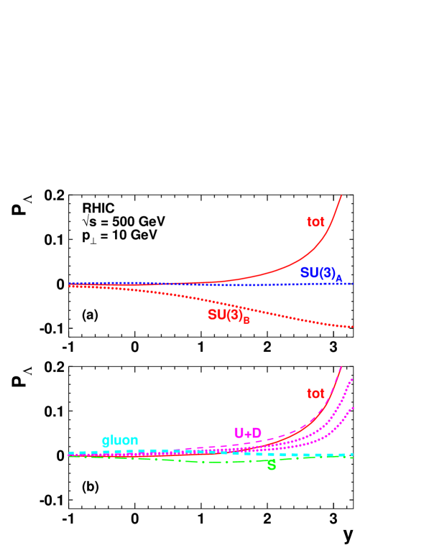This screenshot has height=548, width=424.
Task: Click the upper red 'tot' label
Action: coord(315,222)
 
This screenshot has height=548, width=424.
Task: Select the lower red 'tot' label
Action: coord(315,394)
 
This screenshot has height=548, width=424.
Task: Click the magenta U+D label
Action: coord(247,433)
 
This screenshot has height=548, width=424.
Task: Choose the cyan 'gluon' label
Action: coord(120,440)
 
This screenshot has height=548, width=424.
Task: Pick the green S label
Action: coord(271,465)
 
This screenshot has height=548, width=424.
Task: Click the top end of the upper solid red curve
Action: coord(341,195)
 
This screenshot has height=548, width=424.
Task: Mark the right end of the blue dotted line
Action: coord(351,284)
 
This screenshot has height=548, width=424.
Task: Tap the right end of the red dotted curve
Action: coord(352,327)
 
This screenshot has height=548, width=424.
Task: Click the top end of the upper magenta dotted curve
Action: coord(351,379)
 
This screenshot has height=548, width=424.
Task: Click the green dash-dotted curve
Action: coord(180,460)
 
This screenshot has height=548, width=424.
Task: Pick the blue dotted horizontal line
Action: coord(216,284)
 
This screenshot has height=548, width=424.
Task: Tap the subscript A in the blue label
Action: coord(338,279)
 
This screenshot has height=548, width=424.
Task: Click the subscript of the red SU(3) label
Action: coord(246,320)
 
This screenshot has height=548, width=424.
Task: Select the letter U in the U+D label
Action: coord(239,433)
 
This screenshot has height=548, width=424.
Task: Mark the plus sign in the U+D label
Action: coord(247,433)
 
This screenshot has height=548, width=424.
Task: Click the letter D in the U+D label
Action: coord(257,433)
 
